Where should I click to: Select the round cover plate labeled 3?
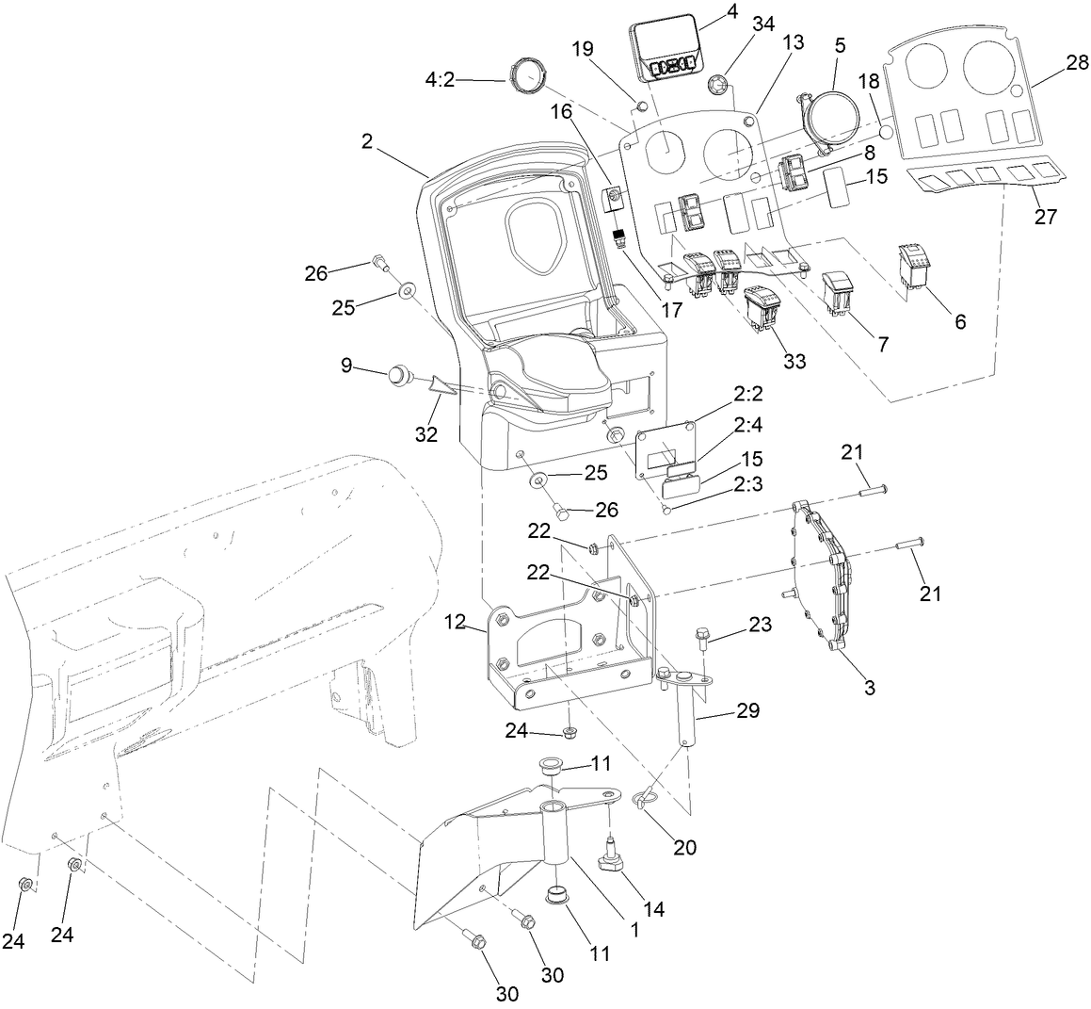(x=822, y=577)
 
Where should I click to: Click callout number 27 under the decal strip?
(x=1045, y=216)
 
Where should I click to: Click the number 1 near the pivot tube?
(x=635, y=929)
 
